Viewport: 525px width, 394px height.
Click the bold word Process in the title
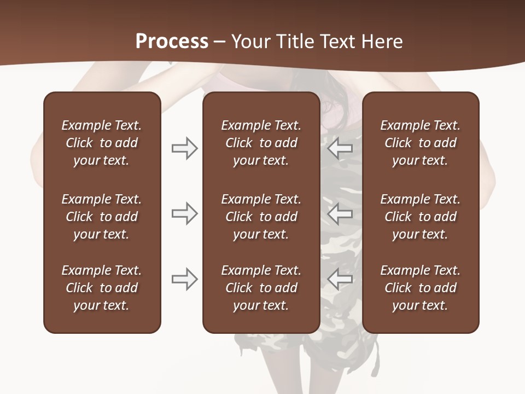tap(172, 42)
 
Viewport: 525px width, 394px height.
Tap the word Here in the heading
tap(382, 42)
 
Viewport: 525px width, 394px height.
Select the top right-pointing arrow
tap(184, 148)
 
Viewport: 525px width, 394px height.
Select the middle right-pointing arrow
tap(184, 213)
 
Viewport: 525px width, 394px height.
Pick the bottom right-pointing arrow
tap(184, 279)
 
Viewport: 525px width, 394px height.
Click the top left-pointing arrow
tap(340, 148)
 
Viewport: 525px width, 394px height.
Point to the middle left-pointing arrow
tap(340, 213)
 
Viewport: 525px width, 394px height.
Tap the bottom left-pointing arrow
tap(340, 279)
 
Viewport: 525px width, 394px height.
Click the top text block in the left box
tap(102, 143)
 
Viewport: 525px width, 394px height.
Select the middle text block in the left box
tap(102, 217)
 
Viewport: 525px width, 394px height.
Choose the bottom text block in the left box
tap(102, 288)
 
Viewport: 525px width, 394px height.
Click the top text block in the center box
tap(261, 143)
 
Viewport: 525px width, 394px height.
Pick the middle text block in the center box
tap(261, 217)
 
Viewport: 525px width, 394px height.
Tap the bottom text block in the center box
tap(261, 288)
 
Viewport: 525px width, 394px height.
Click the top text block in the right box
tap(420, 143)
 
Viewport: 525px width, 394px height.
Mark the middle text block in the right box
tap(420, 217)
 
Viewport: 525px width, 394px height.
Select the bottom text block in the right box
tap(420, 288)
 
